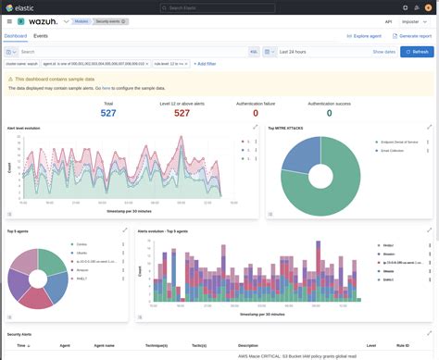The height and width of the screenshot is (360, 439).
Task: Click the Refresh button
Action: (417, 52)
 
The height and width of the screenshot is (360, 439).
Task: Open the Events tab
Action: (41, 35)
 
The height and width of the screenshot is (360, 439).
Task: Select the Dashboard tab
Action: (16, 35)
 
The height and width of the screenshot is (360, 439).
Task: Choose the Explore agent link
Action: (367, 35)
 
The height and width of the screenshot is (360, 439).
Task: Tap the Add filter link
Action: (206, 64)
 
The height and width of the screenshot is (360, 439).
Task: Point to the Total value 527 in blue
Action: (108, 113)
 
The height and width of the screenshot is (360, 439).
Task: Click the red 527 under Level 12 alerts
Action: (182, 113)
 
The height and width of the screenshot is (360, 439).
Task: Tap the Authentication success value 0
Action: (329, 113)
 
